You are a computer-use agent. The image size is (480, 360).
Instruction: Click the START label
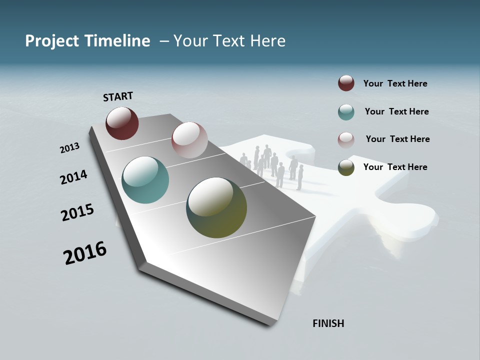coord(118,96)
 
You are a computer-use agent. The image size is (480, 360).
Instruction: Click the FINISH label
coord(328,323)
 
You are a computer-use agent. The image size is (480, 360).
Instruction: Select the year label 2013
coord(69,148)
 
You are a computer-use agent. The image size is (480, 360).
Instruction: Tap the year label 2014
coord(73,177)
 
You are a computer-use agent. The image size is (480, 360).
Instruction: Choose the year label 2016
coord(85,253)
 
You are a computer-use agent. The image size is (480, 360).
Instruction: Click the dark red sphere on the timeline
coord(122,123)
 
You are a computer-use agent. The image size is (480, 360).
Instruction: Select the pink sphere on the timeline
coord(189,139)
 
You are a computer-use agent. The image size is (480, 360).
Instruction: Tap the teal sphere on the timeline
coord(145,180)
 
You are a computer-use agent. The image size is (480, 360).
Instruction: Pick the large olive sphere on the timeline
coord(216,207)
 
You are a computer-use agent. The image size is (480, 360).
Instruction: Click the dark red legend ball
coord(346,83)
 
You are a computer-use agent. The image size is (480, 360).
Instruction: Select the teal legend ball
coord(346,112)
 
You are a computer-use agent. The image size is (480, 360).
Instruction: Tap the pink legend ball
coord(346,139)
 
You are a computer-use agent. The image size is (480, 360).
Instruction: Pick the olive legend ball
coord(346,167)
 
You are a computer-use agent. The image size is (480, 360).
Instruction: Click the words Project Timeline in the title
coord(87,41)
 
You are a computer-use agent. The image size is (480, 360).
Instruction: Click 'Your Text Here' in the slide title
coord(229,41)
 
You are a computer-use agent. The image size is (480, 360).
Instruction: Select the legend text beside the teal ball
coord(396,111)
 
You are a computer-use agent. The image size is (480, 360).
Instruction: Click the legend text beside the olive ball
coord(395,167)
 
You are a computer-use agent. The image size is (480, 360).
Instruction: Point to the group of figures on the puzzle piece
coord(272,165)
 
